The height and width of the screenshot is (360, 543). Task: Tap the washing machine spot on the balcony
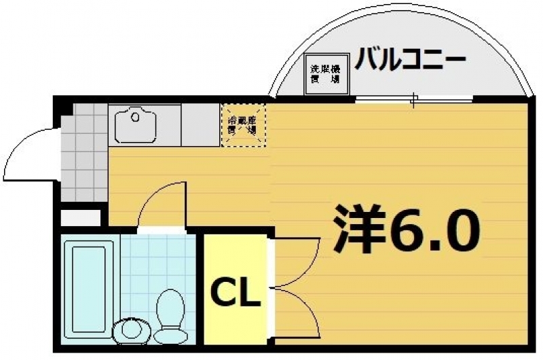[325, 73]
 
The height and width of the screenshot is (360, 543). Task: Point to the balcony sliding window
[414, 101]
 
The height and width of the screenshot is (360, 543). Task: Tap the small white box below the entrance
[81, 218]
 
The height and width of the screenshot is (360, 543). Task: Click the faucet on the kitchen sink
[136, 117]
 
